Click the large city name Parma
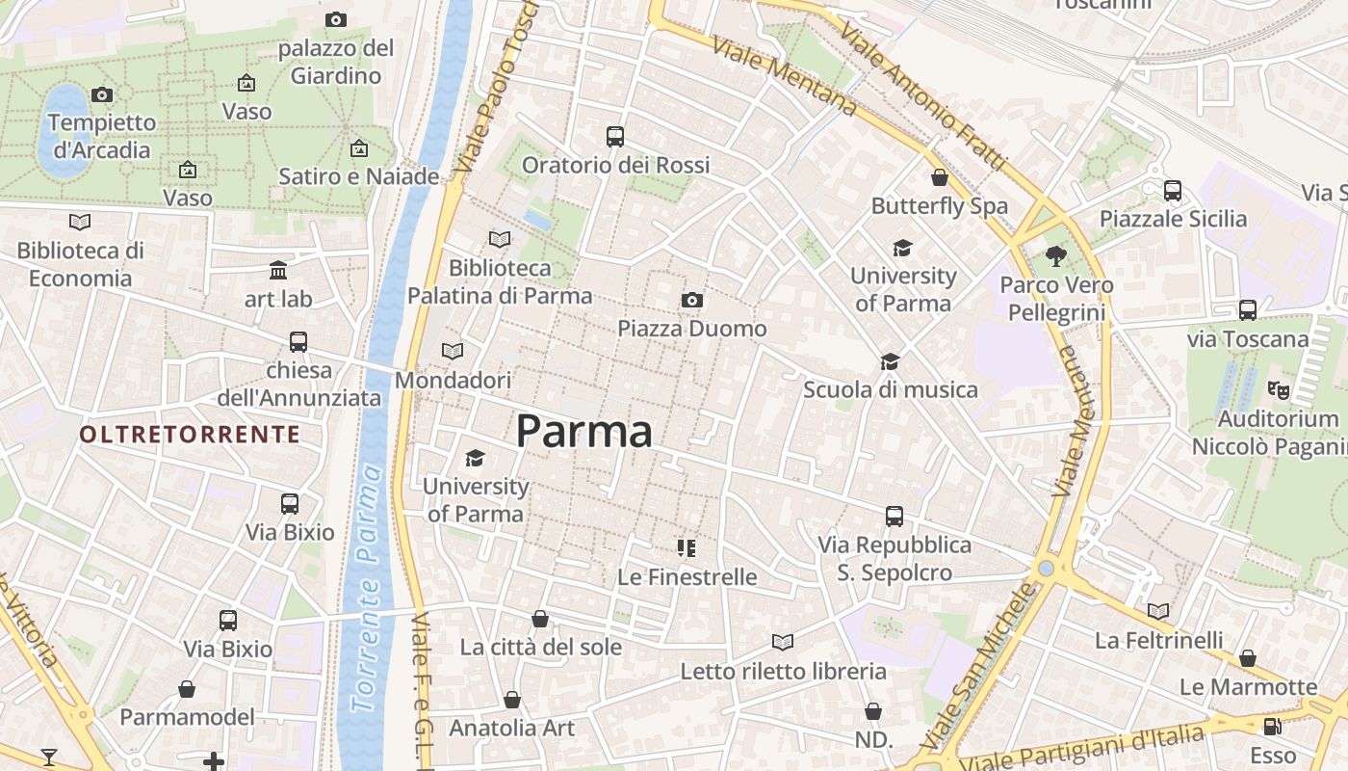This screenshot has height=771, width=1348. pyautogui.click(x=584, y=431)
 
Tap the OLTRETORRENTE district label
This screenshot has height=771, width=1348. pyautogui.click(x=190, y=435)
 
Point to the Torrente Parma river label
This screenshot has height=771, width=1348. pyautogui.click(x=366, y=588)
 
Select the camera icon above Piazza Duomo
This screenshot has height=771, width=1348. pyautogui.click(x=691, y=301)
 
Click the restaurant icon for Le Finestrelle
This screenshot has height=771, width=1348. pyautogui.click(x=687, y=548)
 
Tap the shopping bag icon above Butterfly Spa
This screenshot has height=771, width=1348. pyautogui.click(x=940, y=177)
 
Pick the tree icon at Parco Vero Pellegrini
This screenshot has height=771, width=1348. pyautogui.click(x=1056, y=256)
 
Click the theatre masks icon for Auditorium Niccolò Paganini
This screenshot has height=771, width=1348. pyautogui.click(x=1278, y=389)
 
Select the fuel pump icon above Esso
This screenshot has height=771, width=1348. pyautogui.click(x=1273, y=727)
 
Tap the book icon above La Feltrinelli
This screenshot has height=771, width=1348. pyautogui.click(x=1158, y=611)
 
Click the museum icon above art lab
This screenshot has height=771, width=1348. pyautogui.click(x=278, y=270)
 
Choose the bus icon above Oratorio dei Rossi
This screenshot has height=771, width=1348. pyautogui.click(x=615, y=137)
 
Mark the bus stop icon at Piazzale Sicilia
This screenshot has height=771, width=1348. pyautogui.click(x=1173, y=191)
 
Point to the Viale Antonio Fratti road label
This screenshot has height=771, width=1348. pyautogui.click(x=921, y=96)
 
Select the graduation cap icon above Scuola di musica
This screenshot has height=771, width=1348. pyautogui.click(x=891, y=361)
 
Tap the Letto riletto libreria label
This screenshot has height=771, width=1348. pyautogui.click(x=783, y=671)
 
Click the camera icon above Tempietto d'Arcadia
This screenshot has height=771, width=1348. pyautogui.click(x=102, y=94)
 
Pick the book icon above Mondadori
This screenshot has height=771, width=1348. pyautogui.click(x=453, y=352)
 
